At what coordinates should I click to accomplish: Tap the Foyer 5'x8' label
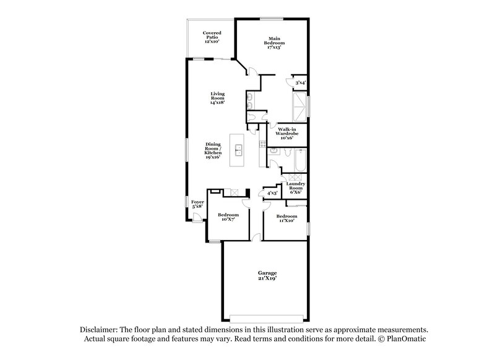click(x=197, y=204)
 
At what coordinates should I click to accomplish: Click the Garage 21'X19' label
click(x=267, y=275)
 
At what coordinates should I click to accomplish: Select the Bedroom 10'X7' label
click(x=228, y=216)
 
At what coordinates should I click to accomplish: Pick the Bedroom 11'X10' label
click(x=286, y=218)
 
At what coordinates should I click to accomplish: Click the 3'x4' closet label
click(x=300, y=82)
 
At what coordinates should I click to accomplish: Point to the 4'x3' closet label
click(x=271, y=193)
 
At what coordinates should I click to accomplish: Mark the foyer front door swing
click(x=197, y=216)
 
